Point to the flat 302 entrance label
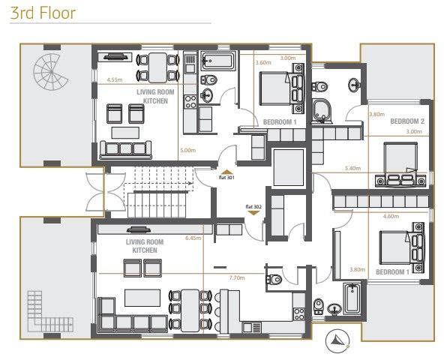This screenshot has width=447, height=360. click(x=253, y=205)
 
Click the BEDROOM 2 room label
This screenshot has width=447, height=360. click(x=408, y=121)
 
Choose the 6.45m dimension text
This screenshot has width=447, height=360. click(x=192, y=238)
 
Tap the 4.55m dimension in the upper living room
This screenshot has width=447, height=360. click(x=115, y=79)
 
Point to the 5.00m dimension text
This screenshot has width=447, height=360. click(x=187, y=150)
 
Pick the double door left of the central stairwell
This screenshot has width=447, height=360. click(x=94, y=192)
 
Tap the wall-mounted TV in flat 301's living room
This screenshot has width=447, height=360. click(x=115, y=55)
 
